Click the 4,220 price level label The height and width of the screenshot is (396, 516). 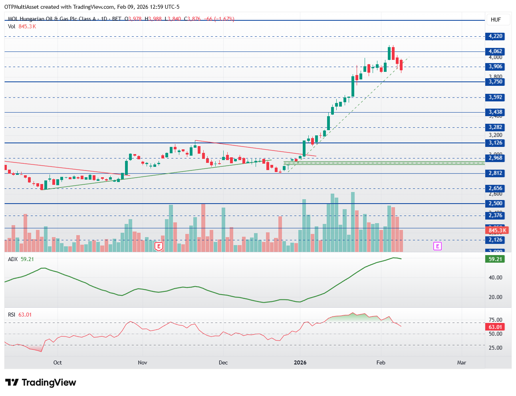(x=495, y=36)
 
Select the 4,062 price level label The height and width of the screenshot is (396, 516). (x=495, y=51)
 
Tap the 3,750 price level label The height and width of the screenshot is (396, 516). (x=495, y=82)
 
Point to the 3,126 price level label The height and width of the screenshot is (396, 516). (x=495, y=143)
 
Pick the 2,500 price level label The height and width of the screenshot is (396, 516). (x=495, y=204)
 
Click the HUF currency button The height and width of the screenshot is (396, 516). (x=496, y=20)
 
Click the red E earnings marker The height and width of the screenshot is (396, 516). (x=159, y=246)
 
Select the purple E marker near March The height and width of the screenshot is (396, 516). (x=437, y=246)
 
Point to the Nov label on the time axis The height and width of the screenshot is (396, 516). (x=142, y=362)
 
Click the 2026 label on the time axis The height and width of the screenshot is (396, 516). (x=300, y=362)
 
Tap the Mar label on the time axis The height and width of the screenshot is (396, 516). (x=461, y=362)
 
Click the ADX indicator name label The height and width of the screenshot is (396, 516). (x=13, y=259)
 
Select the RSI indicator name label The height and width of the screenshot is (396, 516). (x=12, y=315)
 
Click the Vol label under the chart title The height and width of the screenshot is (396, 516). (x=12, y=26)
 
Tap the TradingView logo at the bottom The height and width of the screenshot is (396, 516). (x=40, y=382)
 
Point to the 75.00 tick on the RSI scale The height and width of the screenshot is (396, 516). (x=495, y=320)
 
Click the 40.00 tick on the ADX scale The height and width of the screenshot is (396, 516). (x=495, y=277)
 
